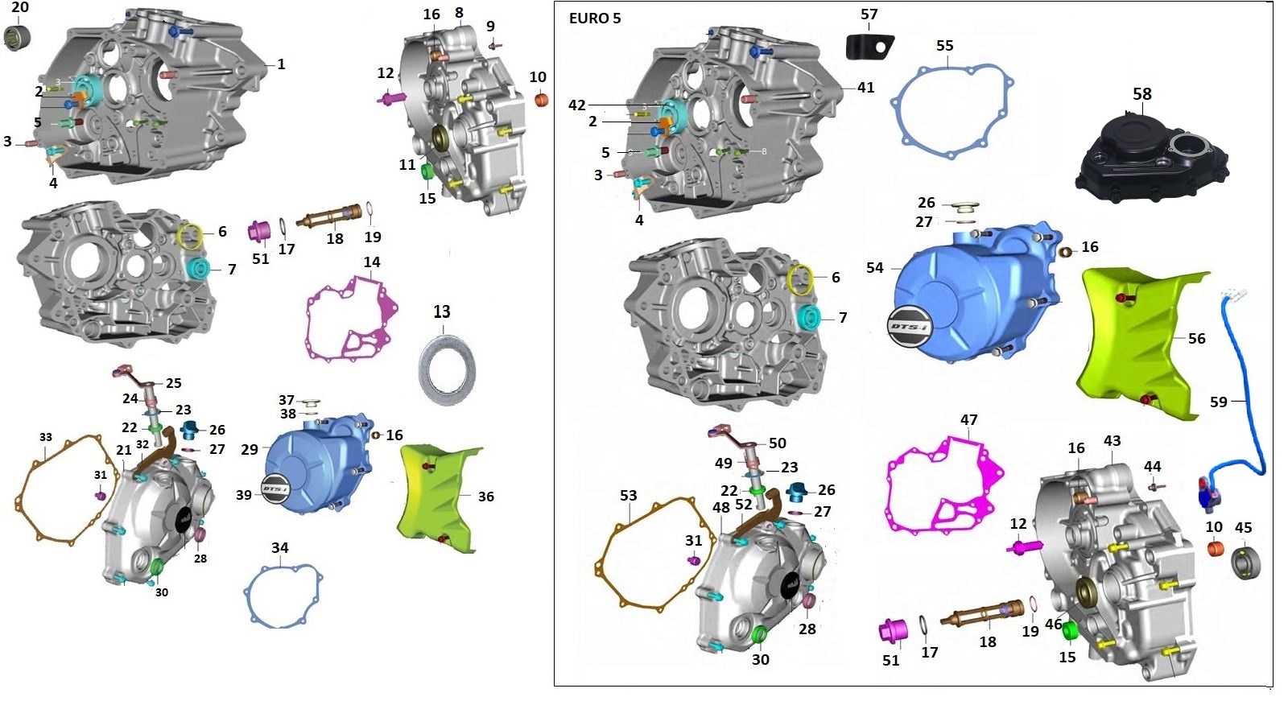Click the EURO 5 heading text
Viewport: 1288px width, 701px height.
595,19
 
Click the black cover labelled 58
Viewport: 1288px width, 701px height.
1151,156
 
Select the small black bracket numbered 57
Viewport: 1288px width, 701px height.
869,46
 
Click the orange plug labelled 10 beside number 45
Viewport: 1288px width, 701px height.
1215,548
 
